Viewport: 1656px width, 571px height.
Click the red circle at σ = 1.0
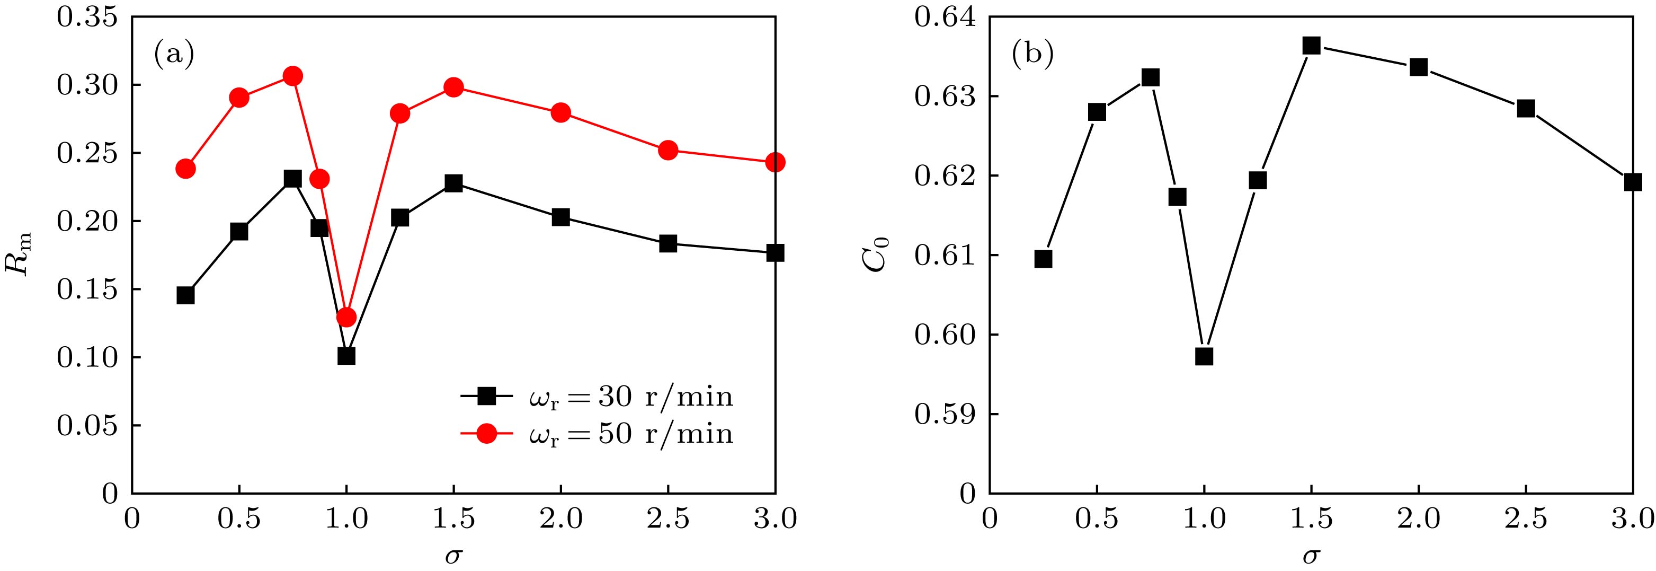pyautogui.click(x=346, y=317)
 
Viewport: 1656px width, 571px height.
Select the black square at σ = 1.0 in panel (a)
pyautogui.click(x=346, y=356)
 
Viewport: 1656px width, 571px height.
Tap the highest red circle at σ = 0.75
pyautogui.click(x=292, y=76)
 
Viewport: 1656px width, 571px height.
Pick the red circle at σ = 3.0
pyautogui.click(x=775, y=162)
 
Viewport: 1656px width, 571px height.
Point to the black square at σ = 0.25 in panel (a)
pyautogui.click(x=185, y=295)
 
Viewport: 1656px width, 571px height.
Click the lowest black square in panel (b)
pyautogui.click(x=1204, y=356)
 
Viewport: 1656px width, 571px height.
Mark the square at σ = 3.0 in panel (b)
pyautogui.click(x=1632, y=182)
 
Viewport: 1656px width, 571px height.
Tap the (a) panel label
pyautogui.click(x=174, y=55)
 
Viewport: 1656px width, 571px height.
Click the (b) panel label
pyautogui.click(x=1032, y=55)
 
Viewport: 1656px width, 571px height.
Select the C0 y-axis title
pyautogui.click(x=878, y=255)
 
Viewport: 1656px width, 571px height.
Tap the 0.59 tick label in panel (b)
pyautogui.click(x=945, y=414)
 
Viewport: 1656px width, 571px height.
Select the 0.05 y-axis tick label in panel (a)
pyautogui.click(x=87, y=426)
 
